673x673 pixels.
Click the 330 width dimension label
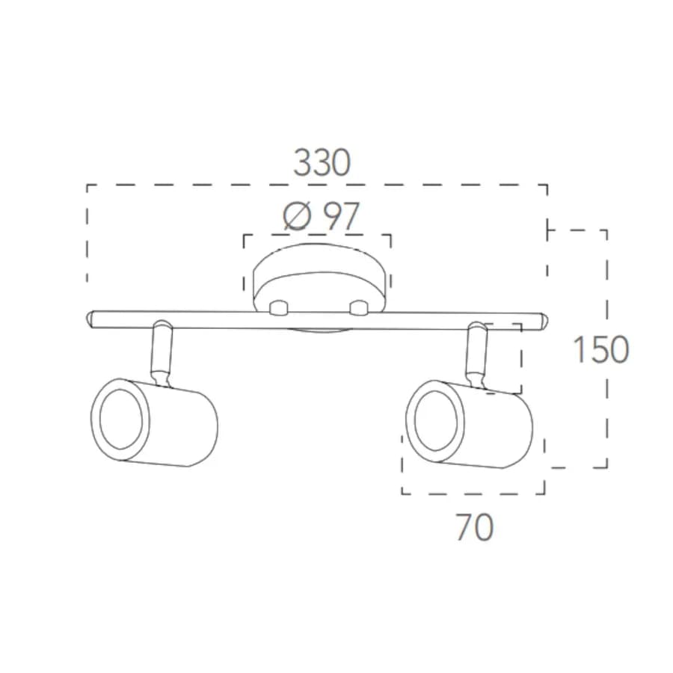coord(322,163)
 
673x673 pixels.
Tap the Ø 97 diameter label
coord(321,216)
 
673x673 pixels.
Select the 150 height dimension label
coord(601,349)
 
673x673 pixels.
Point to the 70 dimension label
coord(475,527)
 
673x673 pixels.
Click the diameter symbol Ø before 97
coord(297,216)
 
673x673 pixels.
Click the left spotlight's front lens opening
coord(121,420)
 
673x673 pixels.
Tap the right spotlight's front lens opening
coord(436,420)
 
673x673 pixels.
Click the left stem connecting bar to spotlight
coord(162,353)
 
